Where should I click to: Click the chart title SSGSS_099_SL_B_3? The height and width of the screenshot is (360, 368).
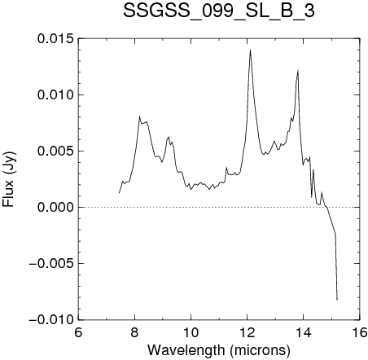[219, 11]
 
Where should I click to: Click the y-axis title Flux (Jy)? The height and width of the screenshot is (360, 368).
[9, 179]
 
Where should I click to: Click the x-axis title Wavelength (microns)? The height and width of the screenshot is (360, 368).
[219, 350]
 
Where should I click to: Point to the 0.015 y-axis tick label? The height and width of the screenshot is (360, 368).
[55, 38]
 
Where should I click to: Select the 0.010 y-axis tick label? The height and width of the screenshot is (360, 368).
[55, 94]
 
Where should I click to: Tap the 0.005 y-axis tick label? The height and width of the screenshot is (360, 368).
[55, 151]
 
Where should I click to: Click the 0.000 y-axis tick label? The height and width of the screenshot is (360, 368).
[55, 207]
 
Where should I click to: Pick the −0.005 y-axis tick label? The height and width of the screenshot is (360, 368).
[51, 263]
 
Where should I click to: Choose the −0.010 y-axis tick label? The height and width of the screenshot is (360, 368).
[51, 319]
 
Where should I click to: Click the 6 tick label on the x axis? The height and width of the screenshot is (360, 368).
[78, 332]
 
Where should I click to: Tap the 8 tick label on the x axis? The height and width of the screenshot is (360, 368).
[134, 332]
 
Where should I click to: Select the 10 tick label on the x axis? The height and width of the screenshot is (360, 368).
[191, 332]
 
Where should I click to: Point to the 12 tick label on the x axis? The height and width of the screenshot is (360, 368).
[248, 332]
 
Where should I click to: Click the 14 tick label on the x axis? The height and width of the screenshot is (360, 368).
[304, 332]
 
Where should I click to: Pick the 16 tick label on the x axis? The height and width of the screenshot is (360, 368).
[360, 332]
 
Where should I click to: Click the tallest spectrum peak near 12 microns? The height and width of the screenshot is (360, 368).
[250, 50]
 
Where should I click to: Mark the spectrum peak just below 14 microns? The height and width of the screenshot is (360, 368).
[298, 69]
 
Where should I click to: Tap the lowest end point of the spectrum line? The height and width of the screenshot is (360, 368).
[337, 300]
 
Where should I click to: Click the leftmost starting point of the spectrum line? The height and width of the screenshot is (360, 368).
[119, 192]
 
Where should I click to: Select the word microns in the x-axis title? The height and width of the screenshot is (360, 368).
[260, 351]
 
